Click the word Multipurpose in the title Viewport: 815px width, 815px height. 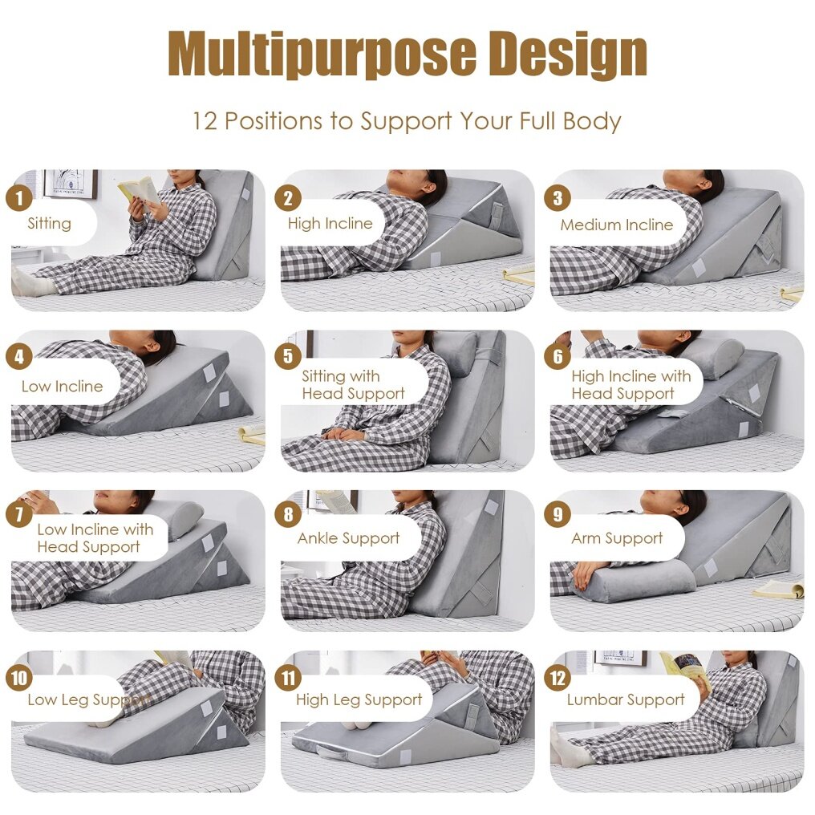322,55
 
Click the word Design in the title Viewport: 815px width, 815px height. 569,55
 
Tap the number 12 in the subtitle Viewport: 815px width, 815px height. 205,121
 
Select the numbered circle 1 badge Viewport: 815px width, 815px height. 19,198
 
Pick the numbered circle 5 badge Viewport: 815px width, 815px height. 288,356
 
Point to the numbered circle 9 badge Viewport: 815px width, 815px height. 558,514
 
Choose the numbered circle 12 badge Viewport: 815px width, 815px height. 558,679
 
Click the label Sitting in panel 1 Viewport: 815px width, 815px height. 50,224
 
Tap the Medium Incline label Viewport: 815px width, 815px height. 616,225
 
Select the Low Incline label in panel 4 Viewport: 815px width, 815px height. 63,386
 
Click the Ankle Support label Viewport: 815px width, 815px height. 348,538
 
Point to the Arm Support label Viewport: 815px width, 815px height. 617,538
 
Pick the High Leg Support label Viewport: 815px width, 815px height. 359,700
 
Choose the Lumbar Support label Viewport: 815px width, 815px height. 626,700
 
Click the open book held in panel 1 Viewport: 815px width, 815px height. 140,191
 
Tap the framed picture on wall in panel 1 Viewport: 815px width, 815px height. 70,184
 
